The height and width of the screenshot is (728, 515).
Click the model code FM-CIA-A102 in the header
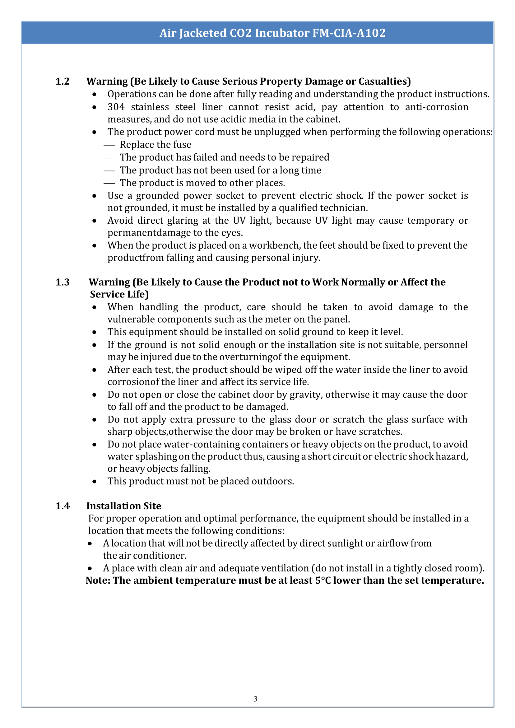(x=349, y=33)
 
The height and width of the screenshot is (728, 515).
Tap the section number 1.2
(x=63, y=82)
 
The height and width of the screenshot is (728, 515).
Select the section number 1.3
(x=63, y=282)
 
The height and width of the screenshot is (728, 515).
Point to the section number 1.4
(x=63, y=506)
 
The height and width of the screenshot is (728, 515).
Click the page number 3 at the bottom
(x=256, y=699)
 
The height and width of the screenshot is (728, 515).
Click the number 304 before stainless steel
(x=116, y=107)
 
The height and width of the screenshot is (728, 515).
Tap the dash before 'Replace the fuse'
(x=109, y=145)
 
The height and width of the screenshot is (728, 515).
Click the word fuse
(x=182, y=145)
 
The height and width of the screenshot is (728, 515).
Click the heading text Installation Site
(x=124, y=506)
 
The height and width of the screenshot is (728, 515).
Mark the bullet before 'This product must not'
(x=94, y=482)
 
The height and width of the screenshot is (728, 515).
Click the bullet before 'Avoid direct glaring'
(x=94, y=221)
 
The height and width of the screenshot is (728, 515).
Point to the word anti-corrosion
(x=436, y=107)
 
